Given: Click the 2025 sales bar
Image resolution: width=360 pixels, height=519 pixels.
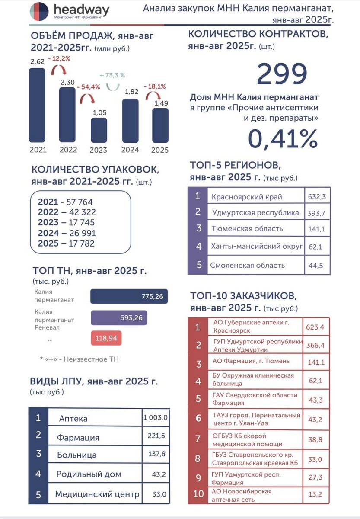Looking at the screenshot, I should click(160, 125).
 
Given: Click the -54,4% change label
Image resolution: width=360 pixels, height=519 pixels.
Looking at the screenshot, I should click(88, 86).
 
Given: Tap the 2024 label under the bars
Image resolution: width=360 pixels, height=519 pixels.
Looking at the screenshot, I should click(130, 150).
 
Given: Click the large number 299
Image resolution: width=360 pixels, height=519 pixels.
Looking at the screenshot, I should click(282, 74).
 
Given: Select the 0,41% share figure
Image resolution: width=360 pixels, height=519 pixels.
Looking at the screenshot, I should click(283, 139).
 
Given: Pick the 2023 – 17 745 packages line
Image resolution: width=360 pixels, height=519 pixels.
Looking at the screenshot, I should click(67, 223).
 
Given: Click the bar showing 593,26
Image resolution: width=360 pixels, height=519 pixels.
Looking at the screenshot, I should click(119, 318).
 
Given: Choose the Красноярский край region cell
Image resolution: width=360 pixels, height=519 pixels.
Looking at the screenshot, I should click(247, 197).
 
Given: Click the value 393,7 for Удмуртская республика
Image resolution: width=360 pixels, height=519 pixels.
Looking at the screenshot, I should click(315, 213).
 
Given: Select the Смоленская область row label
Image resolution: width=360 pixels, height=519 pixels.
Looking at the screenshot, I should click(248, 265).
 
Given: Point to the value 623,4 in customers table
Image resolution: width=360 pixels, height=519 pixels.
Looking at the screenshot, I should click(315, 327).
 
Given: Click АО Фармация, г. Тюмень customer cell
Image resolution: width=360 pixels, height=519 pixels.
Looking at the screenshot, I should click(251, 361).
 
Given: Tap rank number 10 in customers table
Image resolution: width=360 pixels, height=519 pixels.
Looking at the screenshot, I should click(198, 493).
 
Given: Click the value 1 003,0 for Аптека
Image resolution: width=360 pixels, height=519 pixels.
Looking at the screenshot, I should click(156, 417).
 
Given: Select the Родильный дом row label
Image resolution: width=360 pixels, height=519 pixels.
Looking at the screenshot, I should click(89, 474).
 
